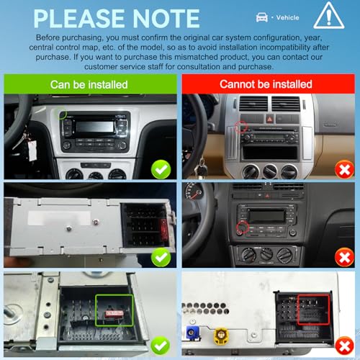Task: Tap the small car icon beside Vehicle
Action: click(262, 17)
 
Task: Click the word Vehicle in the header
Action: click(287, 17)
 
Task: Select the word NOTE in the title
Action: click(166, 19)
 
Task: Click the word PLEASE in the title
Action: click(79, 19)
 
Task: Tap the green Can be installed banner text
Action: click(89, 84)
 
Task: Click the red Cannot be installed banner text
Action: click(266, 84)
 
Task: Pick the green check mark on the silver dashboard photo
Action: click(161, 169)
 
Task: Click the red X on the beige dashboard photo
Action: click(345, 170)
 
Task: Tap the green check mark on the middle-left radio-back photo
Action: click(161, 257)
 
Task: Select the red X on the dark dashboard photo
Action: click(345, 258)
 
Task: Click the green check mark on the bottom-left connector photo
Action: click(161, 346)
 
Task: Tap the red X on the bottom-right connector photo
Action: click(345, 346)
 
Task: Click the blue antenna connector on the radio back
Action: click(193, 333)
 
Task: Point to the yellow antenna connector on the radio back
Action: click(221, 336)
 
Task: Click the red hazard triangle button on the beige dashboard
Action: click(269, 119)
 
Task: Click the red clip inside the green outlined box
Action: click(114, 313)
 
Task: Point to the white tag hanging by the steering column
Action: click(32, 150)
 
